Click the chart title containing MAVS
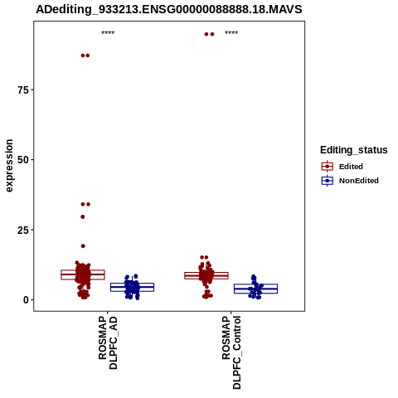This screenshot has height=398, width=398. [x=169, y=9]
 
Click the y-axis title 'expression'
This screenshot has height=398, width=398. [x=9, y=166]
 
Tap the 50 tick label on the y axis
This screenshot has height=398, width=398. [x=23, y=160]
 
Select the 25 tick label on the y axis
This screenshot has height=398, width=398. [x=23, y=230]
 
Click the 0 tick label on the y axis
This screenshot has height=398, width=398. [x=26, y=300]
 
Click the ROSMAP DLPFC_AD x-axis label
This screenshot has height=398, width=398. [x=108, y=342]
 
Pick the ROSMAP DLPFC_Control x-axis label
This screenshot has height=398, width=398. [x=231, y=352]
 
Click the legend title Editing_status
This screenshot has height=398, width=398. [x=354, y=150]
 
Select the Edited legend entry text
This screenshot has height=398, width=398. [x=351, y=167]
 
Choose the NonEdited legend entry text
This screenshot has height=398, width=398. [x=359, y=181]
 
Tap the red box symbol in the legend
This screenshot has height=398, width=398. [x=328, y=167]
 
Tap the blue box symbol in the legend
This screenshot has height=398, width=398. [x=328, y=181]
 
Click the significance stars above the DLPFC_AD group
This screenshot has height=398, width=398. [x=108, y=32]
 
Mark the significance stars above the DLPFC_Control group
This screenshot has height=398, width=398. [x=231, y=32]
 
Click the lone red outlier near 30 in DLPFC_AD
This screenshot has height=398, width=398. [x=83, y=217]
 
